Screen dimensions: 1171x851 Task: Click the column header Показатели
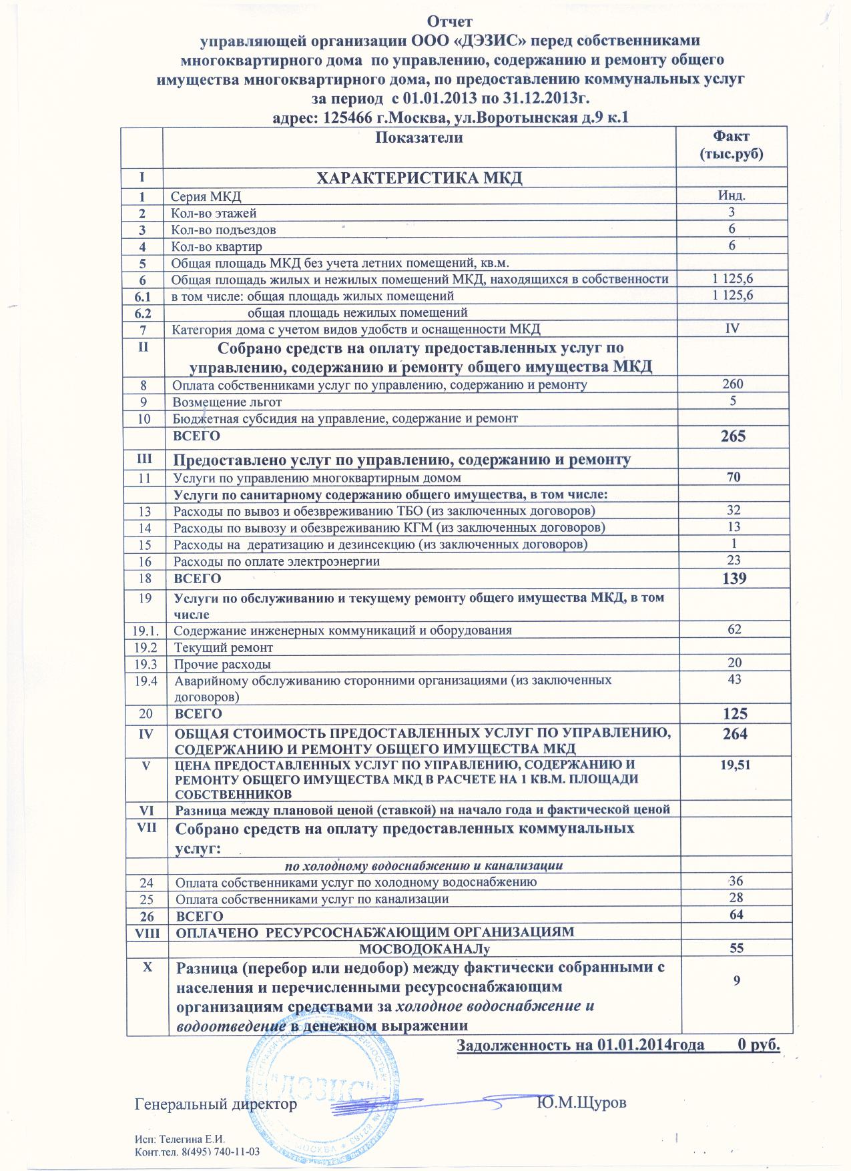(x=419, y=138)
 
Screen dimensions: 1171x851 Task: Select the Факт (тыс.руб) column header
(x=731, y=145)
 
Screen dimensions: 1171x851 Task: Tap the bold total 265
(x=732, y=436)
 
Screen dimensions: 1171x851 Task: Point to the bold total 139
(x=733, y=578)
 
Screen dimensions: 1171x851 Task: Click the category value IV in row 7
(x=732, y=328)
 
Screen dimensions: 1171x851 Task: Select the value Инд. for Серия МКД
(x=732, y=196)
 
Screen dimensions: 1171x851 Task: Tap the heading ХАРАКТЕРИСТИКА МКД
(x=418, y=178)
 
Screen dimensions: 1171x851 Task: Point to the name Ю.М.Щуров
(x=581, y=1102)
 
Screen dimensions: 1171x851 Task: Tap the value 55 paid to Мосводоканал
(x=737, y=947)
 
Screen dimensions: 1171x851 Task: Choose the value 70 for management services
(x=733, y=477)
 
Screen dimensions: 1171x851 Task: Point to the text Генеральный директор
(x=216, y=1104)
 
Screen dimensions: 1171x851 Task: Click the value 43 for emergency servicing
(x=735, y=679)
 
